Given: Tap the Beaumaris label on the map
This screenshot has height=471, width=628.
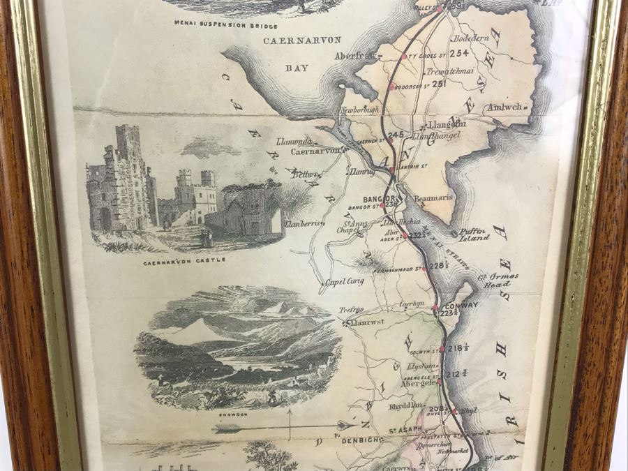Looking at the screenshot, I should tap(433, 198).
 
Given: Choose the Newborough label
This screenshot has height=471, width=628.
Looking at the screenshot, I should tap(359, 110).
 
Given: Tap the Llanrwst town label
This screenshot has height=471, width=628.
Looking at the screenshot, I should tap(364, 322).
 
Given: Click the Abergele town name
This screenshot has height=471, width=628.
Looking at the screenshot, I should tap(419, 382).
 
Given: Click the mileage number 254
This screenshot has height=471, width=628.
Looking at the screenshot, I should tap(459, 52).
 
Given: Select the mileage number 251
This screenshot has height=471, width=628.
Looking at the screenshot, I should tap(439, 84).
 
